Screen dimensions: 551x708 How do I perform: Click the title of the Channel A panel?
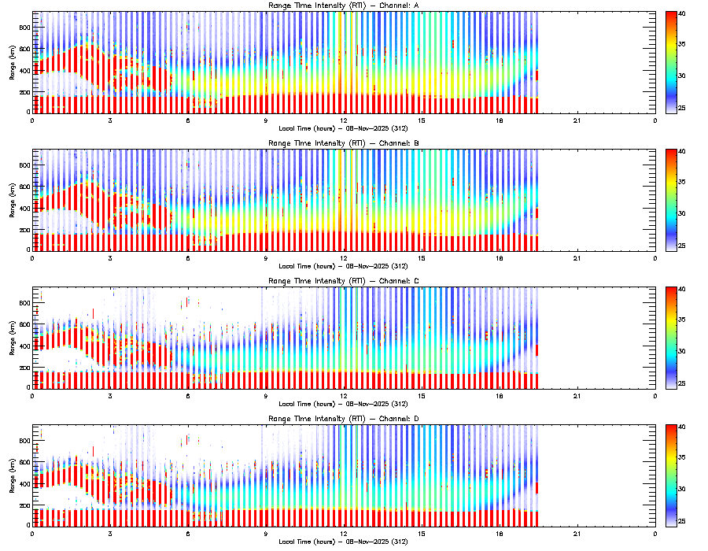(x=343, y=6)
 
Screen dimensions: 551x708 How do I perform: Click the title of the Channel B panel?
(x=343, y=144)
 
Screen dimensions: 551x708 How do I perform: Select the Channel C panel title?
(x=343, y=282)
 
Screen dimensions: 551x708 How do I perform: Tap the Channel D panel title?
(x=343, y=420)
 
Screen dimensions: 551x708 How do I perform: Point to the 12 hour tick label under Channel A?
(x=344, y=120)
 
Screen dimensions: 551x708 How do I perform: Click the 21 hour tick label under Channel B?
(x=577, y=258)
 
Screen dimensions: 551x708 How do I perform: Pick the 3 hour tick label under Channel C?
(x=110, y=396)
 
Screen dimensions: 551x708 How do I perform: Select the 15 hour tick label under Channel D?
(x=422, y=534)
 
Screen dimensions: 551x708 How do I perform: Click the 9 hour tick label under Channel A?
(x=266, y=120)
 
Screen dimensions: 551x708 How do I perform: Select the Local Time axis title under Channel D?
(x=343, y=541)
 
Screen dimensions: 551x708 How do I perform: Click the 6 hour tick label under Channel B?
(x=188, y=258)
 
